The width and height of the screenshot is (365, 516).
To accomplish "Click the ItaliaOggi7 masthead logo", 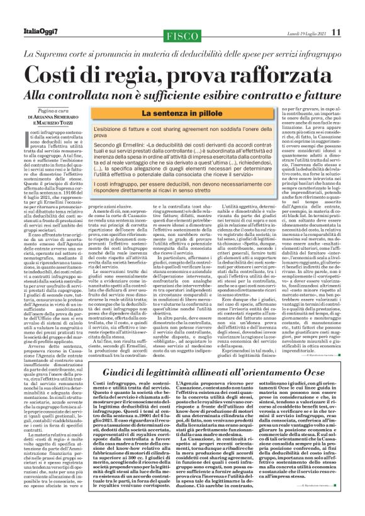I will (42, 13).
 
